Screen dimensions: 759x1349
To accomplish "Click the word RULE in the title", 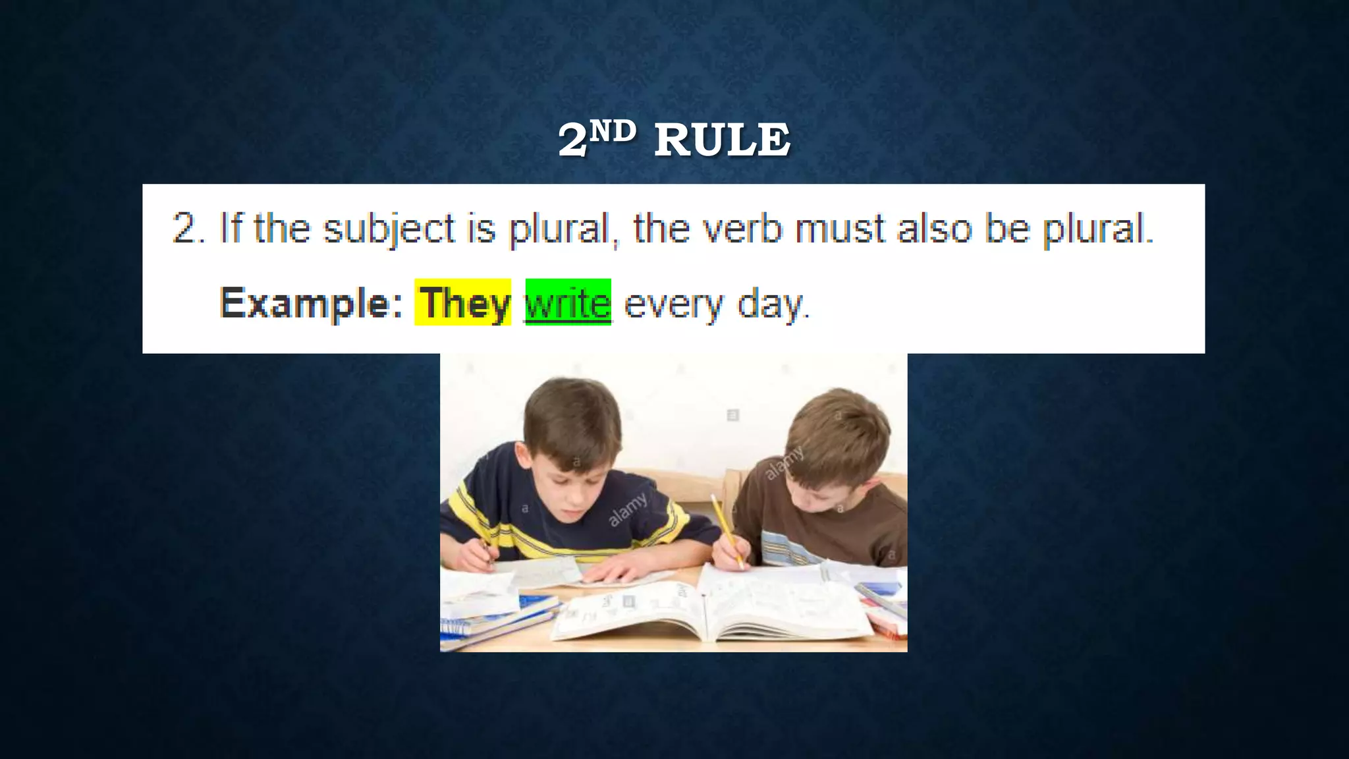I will (x=722, y=140).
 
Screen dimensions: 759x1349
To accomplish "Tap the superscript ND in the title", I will (x=613, y=132).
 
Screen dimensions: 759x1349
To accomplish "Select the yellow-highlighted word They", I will (x=464, y=303).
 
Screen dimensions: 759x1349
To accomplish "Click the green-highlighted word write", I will (x=568, y=303).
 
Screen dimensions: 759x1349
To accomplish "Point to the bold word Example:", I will (x=311, y=303).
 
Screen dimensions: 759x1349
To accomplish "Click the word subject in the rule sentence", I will (x=389, y=229).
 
